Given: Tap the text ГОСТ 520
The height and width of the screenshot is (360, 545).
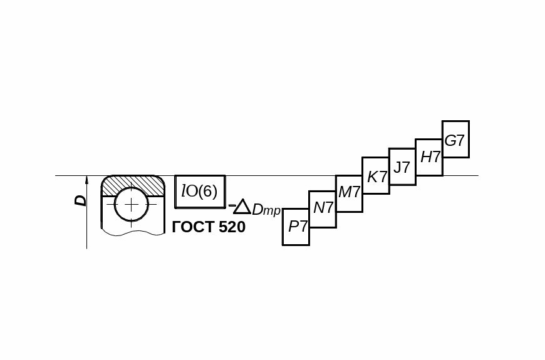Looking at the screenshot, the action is (209, 227).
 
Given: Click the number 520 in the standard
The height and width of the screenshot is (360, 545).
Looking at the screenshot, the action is (232, 227).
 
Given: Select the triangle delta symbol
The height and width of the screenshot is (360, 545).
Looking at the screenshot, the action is (242, 207).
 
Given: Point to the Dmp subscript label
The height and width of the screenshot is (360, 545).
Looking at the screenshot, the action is (266, 210).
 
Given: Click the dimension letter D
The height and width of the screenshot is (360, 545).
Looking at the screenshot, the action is (80, 200).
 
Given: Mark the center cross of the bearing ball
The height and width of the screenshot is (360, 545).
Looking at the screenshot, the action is (132, 205).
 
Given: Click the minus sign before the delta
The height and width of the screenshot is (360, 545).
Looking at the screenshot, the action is (232, 206).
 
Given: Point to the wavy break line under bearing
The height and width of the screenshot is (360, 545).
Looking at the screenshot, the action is (133, 232).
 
